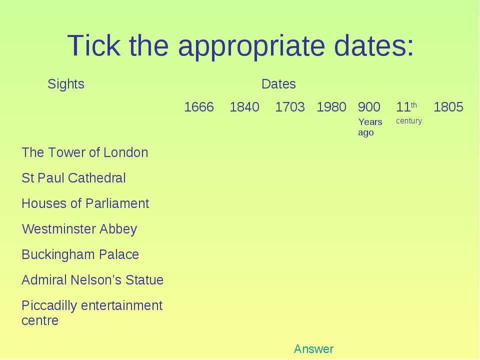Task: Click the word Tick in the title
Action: point(93,45)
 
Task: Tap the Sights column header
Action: point(66,84)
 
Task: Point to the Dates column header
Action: point(278,84)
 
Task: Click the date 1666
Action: point(199,107)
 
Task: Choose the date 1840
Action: point(244,107)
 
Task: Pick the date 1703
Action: point(290,107)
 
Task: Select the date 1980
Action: point(331,107)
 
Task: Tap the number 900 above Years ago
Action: point(369,107)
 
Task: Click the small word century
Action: point(409,121)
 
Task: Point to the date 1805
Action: point(448,107)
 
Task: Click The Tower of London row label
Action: point(85,152)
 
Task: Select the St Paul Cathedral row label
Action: point(74,178)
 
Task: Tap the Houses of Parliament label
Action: point(85,203)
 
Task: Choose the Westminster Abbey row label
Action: point(79,229)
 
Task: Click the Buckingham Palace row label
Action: point(80,254)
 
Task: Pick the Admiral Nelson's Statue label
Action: point(92,280)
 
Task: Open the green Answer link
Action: point(314,349)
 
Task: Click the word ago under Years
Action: point(366,133)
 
